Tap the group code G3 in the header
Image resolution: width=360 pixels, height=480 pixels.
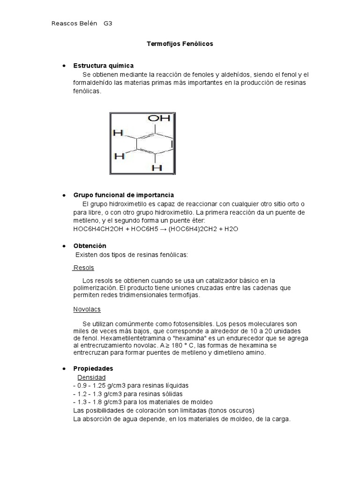click(x=108, y=23)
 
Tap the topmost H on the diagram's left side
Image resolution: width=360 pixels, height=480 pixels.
click(x=118, y=134)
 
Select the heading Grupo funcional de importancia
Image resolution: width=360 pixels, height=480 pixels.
click(x=123, y=195)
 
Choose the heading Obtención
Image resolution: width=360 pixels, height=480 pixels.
click(x=90, y=246)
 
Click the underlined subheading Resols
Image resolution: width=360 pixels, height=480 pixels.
click(x=83, y=268)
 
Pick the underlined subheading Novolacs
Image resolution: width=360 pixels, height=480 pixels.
click(x=87, y=309)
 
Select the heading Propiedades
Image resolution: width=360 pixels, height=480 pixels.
click(x=93, y=368)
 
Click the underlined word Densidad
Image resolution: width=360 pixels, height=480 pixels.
click(x=91, y=377)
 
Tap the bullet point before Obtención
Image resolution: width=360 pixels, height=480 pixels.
click(x=63, y=246)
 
